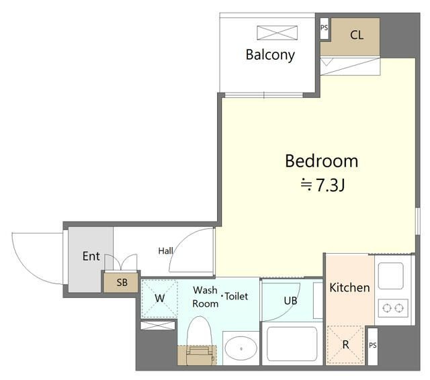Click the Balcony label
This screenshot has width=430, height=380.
coord(270,55)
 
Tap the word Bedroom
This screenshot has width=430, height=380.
coord(321,161)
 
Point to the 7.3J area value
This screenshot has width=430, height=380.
coord(331,185)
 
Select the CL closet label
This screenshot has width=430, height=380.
coord(357,35)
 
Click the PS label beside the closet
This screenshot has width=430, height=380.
coord(324,28)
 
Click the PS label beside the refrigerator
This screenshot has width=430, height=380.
coord(373,346)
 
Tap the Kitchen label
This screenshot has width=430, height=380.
coord(349,287)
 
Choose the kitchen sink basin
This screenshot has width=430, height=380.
coord(391,276)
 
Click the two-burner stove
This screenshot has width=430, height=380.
coord(393,308)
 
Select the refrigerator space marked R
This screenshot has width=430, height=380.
coord(345,344)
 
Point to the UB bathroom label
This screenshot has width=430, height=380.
coord(291,301)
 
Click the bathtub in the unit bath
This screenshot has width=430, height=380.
coord(292,344)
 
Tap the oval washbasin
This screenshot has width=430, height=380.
coord(241,348)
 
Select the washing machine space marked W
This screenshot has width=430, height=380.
coord(160,298)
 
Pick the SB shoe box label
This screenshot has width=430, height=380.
coord(122,283)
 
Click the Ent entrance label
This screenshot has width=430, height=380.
coord(91,256)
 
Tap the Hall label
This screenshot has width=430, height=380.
coord(166,250)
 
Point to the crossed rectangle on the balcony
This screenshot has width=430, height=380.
coord(277,33)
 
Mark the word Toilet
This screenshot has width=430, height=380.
coord(236,296)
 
